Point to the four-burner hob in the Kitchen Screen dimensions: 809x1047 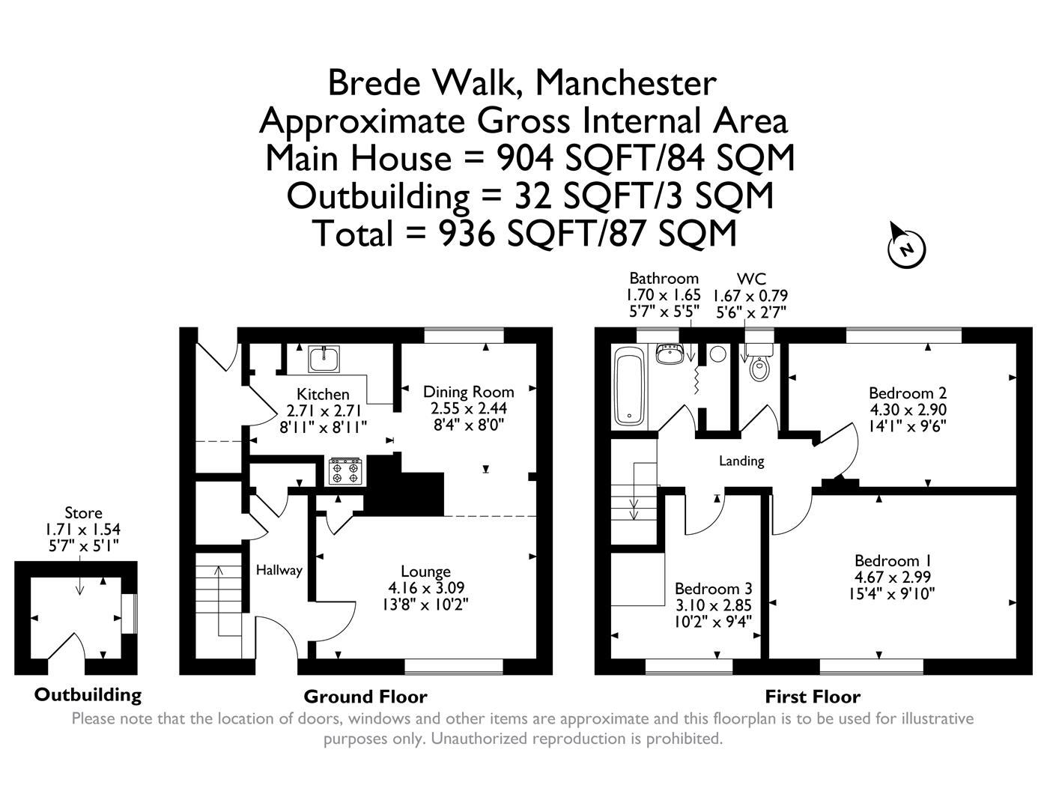(x=345, y=471)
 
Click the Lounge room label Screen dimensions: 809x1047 (x=425, y=572)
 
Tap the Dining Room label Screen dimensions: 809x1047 (x=468, y=392)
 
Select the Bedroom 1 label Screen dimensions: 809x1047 (x=887, y=560)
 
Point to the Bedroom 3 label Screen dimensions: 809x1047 (x=713, y=589)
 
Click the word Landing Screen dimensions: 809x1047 (x=741, y=461)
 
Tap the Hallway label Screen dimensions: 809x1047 (x=279, y=570)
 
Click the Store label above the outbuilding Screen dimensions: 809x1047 (x=83, y=513)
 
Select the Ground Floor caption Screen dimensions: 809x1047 (x=365, y=697)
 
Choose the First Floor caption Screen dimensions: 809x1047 (x=812, y=697)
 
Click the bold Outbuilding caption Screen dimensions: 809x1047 (x=88, y=694)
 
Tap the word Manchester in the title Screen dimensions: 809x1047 (x=625, y=82)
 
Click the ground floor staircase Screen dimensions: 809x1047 (x=220, y=599)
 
